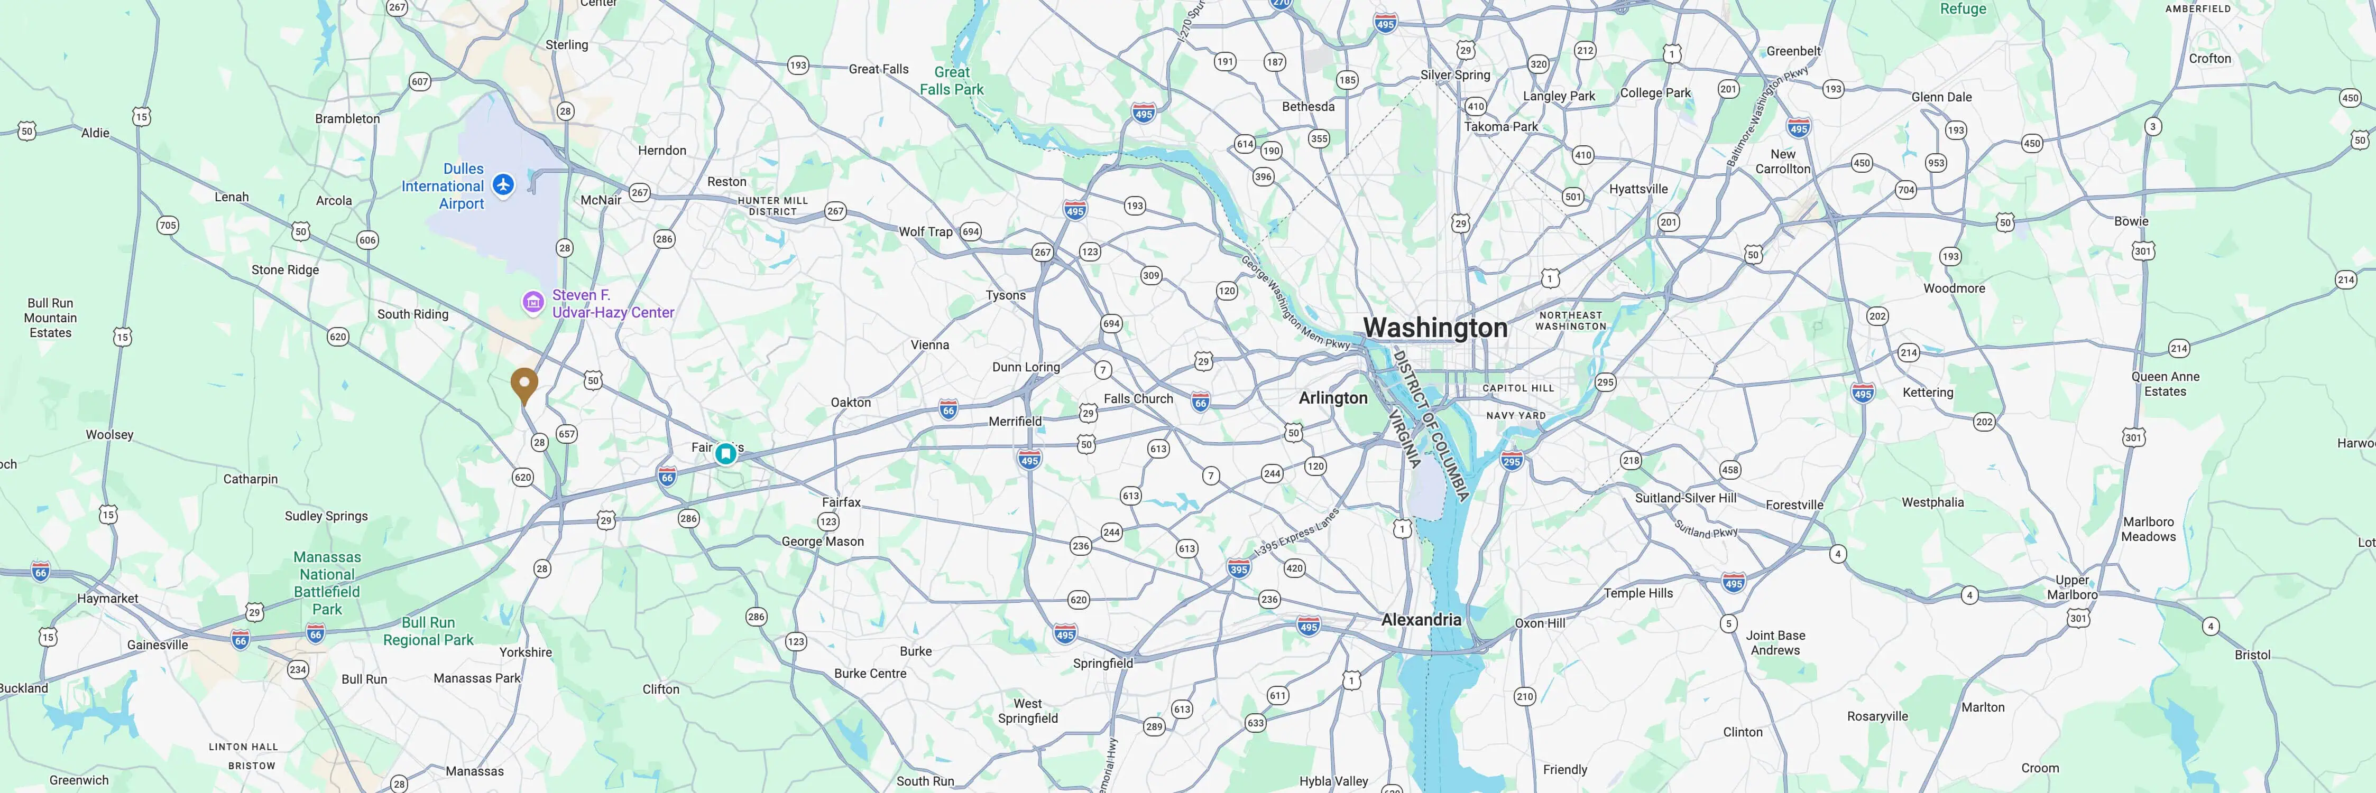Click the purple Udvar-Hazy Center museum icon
pos(532,302)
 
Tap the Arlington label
pos(1333,397)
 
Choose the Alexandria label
pos(1421,620)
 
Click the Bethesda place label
pos(1308,107)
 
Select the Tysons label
pos(1006,295)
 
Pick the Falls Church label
pos(1138,398)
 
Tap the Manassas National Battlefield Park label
pos(327,583)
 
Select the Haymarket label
pos(108,599)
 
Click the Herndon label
pos(662,150)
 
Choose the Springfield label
pos(1102,663)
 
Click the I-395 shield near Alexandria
pos(1239,569)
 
